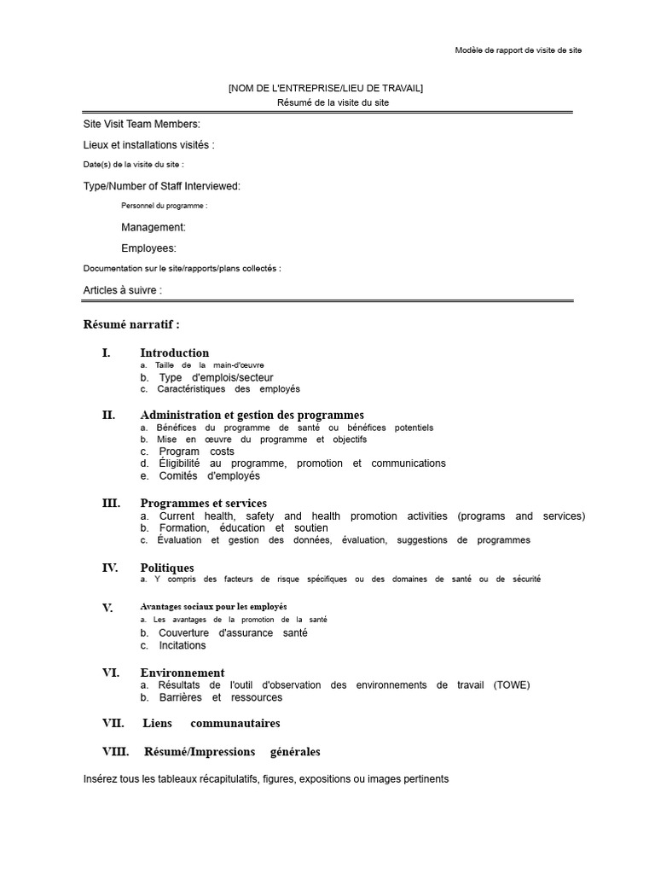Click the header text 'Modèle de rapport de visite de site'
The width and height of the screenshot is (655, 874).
(x=518, y=50)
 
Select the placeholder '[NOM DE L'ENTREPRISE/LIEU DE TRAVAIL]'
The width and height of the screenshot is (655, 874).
(x=325, y=88)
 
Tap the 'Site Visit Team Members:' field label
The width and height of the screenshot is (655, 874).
(x=142, y=125)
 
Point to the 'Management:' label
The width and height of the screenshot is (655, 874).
(x=153, y=227)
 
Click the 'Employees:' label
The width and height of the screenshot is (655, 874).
(x=148, y=248)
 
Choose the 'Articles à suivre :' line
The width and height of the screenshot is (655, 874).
(x=122, y=290)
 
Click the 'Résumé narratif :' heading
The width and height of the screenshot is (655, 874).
(x=131, y=324)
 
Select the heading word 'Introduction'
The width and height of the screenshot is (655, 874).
(x=174, y=353)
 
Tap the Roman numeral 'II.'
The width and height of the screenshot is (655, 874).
(x=108, y=415)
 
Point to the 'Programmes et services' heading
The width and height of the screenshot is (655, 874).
(x=203, y=503)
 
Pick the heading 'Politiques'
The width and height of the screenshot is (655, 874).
(x=166, y=568)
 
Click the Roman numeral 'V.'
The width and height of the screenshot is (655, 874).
(x=107, y=608)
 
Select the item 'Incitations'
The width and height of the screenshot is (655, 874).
(x=182, y=645)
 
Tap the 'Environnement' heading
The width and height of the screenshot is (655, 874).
(x=182, y=673)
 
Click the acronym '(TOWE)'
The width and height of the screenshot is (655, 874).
(x=511, y=685)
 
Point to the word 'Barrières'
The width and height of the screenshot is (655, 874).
(x=178, y=697)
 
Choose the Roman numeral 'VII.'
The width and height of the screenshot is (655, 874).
(x=113, y=723)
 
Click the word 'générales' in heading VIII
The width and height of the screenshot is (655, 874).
(x=295, y=752)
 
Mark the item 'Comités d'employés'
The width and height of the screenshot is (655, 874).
(x=209, y=475)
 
